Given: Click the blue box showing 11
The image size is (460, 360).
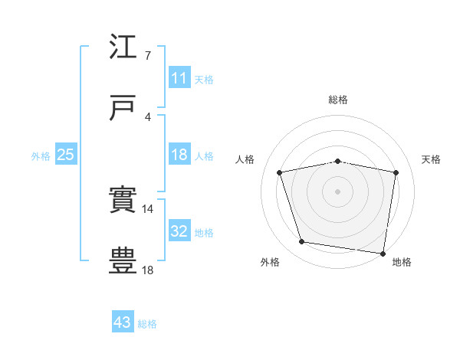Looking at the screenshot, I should point(179,78).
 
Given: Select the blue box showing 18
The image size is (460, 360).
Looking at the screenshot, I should point(179,155).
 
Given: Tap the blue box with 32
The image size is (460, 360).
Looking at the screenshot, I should point(179,231).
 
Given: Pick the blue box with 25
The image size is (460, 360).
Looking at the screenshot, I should point(66,155).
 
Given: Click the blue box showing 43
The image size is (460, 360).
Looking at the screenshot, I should point(123,322).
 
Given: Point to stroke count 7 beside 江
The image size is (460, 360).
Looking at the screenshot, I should point(147,56).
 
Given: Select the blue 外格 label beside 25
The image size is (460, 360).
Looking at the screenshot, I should point(41,155).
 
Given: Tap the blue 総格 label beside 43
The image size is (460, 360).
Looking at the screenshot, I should point(147,324).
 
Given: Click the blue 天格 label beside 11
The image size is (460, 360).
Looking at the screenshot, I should point(204,79).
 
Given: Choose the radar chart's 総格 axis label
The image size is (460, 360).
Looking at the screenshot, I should point(338,100).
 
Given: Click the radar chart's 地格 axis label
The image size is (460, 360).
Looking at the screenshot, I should point(402,262).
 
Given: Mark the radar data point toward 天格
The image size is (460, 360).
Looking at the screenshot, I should point(396,172).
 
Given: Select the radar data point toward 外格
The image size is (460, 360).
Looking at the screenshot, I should point(302,242).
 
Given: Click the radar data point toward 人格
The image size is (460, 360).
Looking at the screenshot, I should point(280,172).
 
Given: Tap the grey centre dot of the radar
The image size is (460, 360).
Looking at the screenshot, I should point(338,191).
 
